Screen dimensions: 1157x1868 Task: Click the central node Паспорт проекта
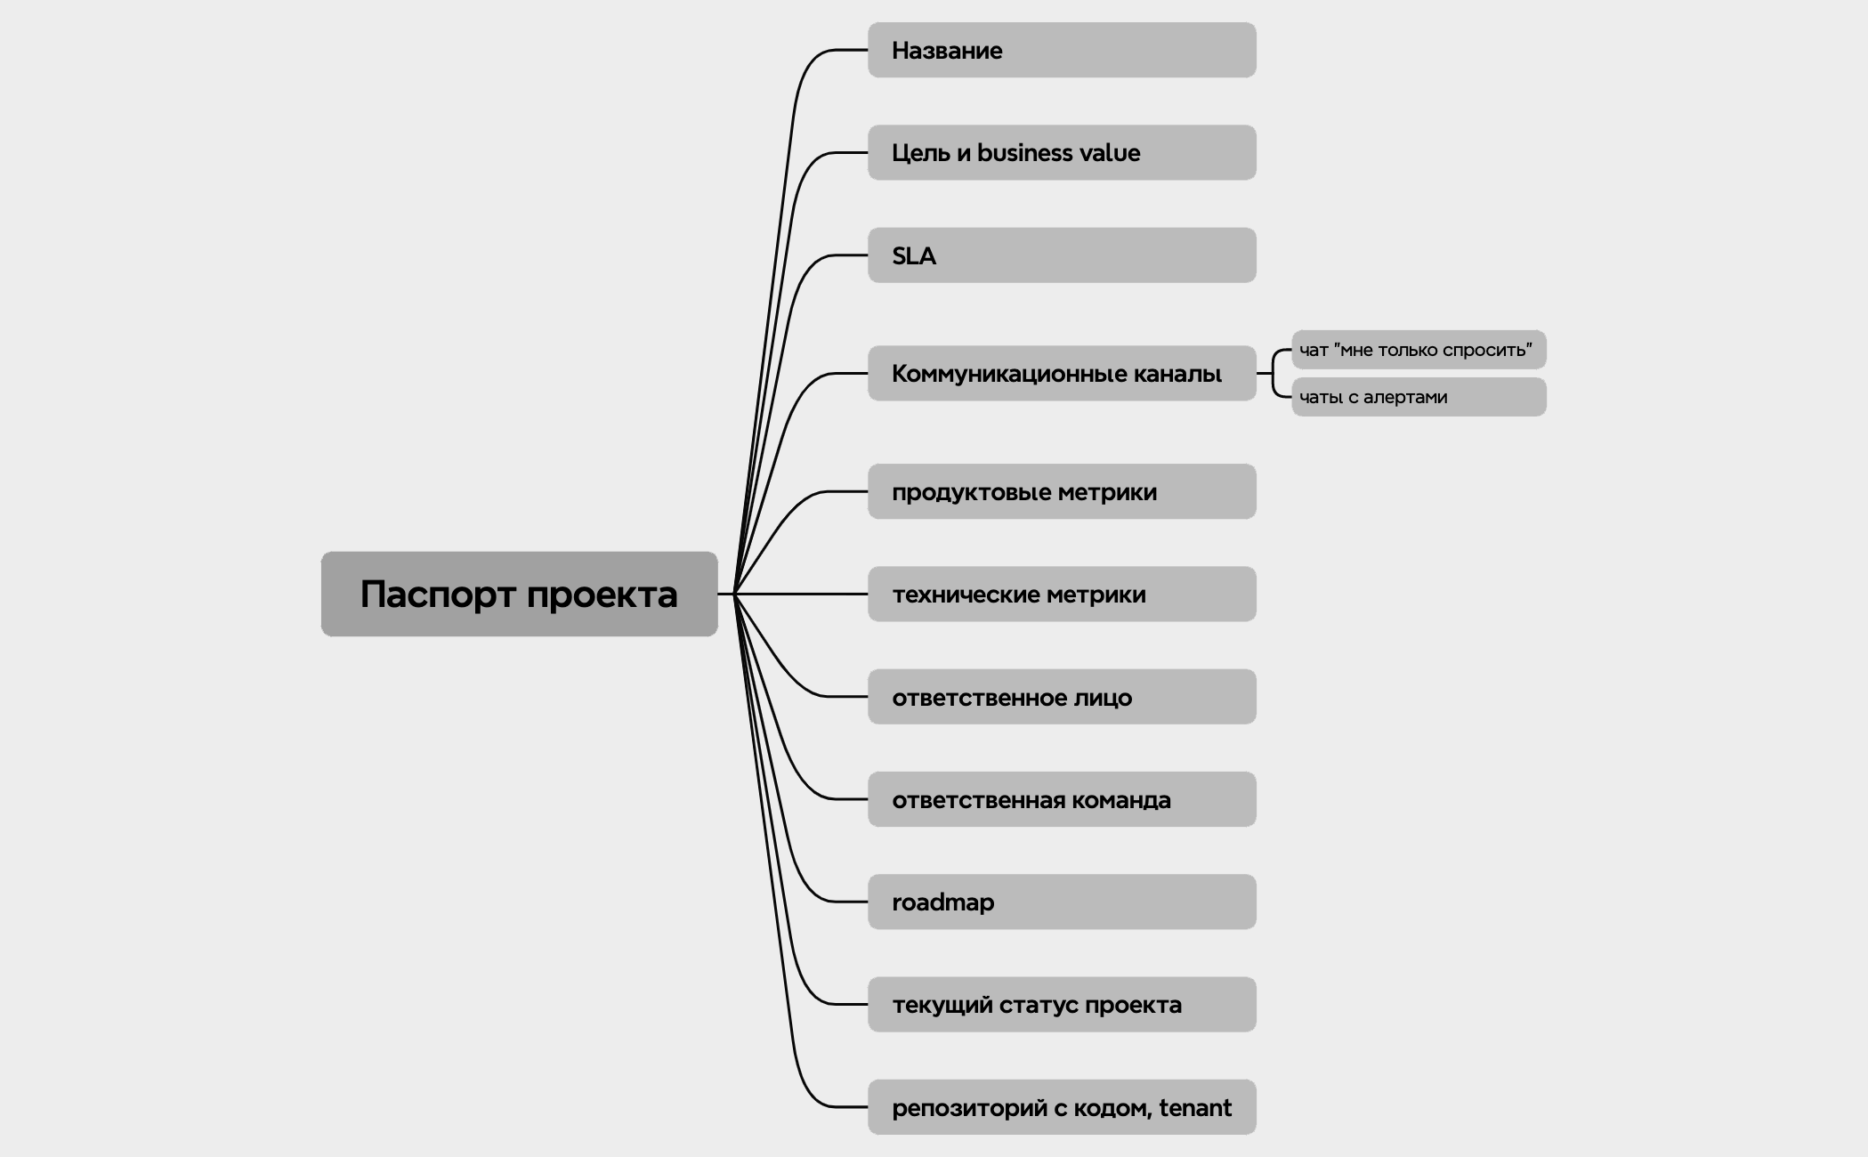[519, 594]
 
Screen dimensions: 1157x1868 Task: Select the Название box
[1061, 51]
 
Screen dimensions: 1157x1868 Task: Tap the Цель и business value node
[1061, 153]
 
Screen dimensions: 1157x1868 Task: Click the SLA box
[1061, 255]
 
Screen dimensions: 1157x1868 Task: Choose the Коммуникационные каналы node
[1061, 374]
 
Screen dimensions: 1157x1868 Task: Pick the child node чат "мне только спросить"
[1418, 350]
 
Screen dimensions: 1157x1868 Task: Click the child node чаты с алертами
[1418, 397]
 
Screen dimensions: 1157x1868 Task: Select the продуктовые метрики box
[1061, 492]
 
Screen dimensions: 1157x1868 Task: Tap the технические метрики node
[1061, 595]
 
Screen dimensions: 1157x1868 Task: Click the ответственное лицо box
[1061, 697]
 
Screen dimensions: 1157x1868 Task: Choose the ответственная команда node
[1061, 800]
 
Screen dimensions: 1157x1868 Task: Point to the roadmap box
[1061, 902]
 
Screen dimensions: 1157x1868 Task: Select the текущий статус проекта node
[1061, 1005]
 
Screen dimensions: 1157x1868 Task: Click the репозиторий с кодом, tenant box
[1061, 1108]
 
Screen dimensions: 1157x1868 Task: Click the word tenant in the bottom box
[1195, 1108]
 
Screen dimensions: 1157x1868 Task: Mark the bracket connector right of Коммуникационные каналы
[1274, 374]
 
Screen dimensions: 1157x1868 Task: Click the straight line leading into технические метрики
[801, 594]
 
